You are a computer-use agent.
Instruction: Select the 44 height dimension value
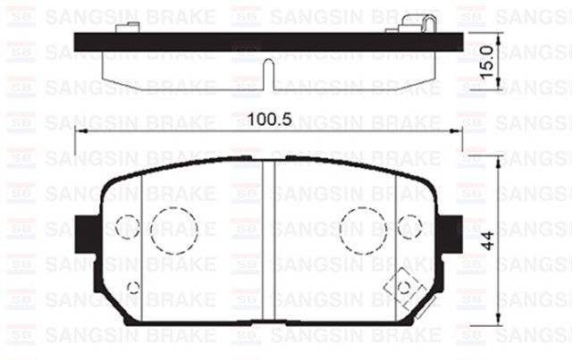coord(487,239)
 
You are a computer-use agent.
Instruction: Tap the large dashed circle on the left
coord(172,230)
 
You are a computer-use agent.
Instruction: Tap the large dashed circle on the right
coord(364,230)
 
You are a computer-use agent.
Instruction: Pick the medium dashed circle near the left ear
coord(128,227)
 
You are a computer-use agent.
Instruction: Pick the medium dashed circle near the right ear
coord(408,227)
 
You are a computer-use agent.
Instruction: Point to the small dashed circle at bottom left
coord(134,287)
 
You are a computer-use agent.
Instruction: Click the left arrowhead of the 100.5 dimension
coord(80,130)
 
